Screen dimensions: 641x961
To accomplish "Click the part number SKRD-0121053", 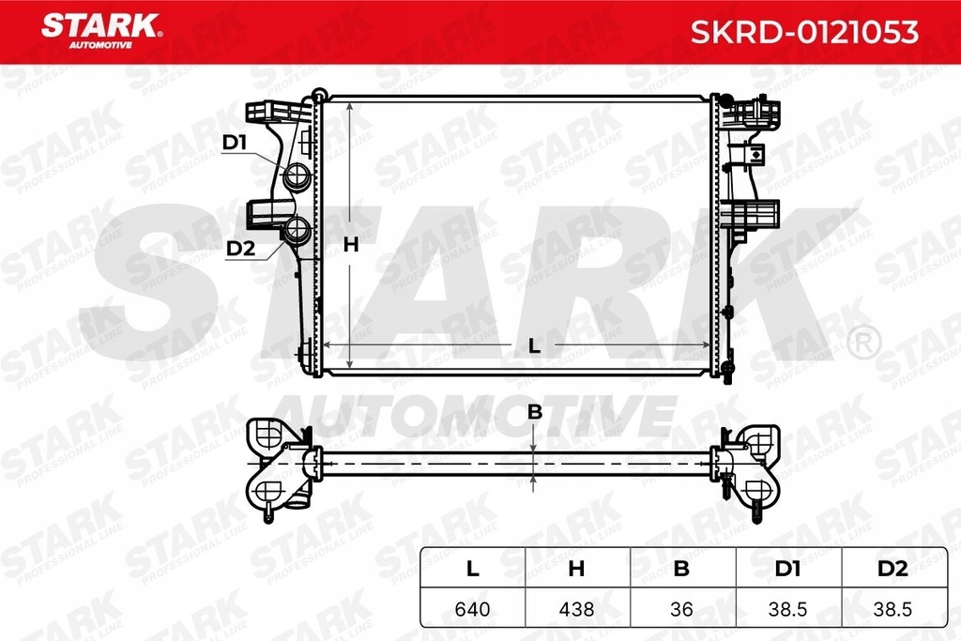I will pyautogui.click(x=804, y=33).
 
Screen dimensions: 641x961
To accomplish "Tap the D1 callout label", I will pyautogui.click(x=234, y=144).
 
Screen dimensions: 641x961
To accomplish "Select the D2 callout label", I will pyautogui.click(x=240, y=249).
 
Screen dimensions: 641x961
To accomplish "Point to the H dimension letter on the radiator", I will pyautogui.click(x=350, y=246).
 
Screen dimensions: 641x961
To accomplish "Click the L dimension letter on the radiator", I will pyautogui.click(x=533, y=345).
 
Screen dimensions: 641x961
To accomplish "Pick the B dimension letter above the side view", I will pyautogui.click(x=534, y=411).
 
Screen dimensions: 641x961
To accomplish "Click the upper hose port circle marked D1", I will pyautogui.click(x=297, y=176).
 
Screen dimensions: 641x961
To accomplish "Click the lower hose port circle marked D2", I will pyautogui.click(x=298, y=229).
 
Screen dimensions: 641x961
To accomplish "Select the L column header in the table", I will pyautogui.click(x=472, y=568).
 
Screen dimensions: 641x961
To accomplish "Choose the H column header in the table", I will pyautogui.click(x=577, y=568).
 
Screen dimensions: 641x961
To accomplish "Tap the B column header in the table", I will pyautogui.click(x=682, y=568).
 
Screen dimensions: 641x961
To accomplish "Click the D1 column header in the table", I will pyautogui.click(x=787, y=568).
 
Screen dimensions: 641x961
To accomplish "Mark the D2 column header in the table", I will pyautogui.click(x=893, y=568).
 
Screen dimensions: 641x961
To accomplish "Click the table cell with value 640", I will pyautogui.click(x=472, y=609).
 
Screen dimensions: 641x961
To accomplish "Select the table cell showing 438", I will pyautogui.click(x=577, y=609).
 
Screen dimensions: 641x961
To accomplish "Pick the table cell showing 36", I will pyautogui.click(x=682, y=609).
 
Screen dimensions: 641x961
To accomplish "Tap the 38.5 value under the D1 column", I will pyautogui.click(x=787, y=609).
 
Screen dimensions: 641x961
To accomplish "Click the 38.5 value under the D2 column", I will pyautogui.click(x=893, y=609).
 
